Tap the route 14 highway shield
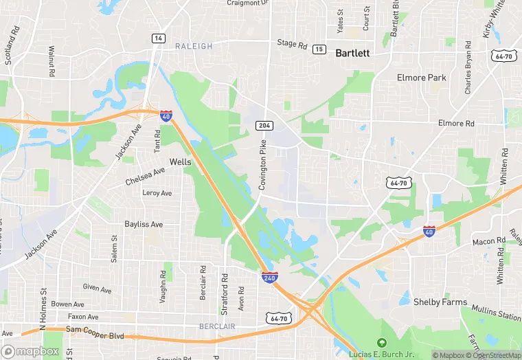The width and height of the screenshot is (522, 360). pos(159,38)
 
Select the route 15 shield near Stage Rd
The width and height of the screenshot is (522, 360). pos(319,49)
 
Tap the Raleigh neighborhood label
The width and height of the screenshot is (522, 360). pos(193,46)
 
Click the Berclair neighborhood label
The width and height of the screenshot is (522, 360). pos(216,325)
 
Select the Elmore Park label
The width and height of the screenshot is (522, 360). pos(421,78)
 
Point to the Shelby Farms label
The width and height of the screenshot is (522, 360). pos(441,302)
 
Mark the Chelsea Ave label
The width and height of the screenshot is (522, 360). pos(146,177)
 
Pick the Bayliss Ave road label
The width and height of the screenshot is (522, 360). pos(144,224)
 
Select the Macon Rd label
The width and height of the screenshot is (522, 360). pos(488,241)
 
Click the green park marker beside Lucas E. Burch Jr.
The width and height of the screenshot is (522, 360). pos(383,343)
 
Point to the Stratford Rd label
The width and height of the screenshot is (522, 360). pos(224,285)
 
